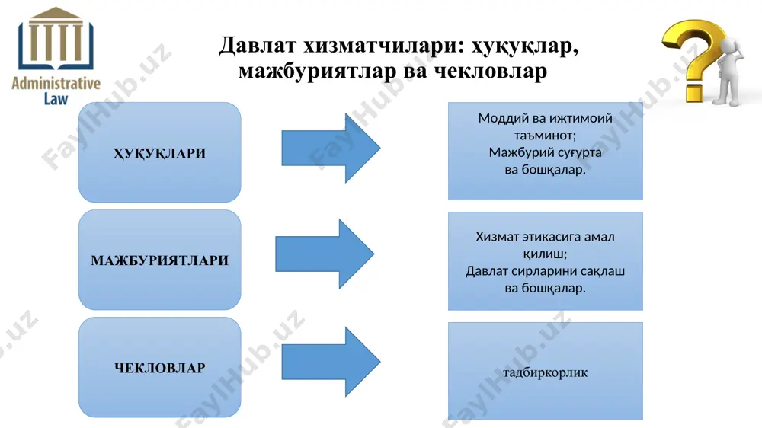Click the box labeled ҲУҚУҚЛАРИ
coord(159,152)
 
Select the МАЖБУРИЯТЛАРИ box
coord(159,260)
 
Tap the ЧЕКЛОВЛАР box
coord(159,367)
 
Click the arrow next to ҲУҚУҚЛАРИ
coord(331,149)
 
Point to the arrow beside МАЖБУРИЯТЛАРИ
coord(325,254)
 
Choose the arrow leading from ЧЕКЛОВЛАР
coord(331,362)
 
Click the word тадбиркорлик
coord(546,372)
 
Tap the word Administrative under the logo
coord(56,84)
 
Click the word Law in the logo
coord(56,98)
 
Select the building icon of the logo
coord(56,39)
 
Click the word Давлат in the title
coord(257,45)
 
